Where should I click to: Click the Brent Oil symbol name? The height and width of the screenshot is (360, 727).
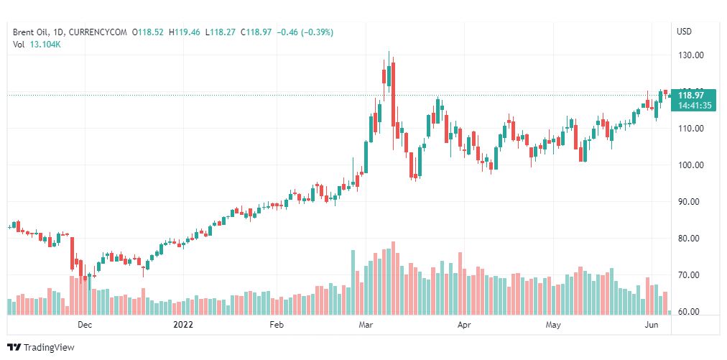click(30, 32)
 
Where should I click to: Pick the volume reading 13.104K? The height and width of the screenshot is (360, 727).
click(45, 45)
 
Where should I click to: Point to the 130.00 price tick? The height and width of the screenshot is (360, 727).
click(690, 55)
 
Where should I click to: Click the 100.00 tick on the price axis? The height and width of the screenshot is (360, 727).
click(690, 165)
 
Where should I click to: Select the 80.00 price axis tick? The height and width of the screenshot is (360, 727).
click(690, 239)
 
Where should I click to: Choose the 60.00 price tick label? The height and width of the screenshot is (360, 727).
click(690, 312)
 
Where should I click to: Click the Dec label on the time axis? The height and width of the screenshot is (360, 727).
click(85, 325)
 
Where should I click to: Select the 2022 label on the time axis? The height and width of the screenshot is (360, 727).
click(185, 325)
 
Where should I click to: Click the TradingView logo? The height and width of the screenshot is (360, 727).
click(43, 348)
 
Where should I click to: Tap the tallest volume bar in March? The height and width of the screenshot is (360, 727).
click(393, 279)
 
